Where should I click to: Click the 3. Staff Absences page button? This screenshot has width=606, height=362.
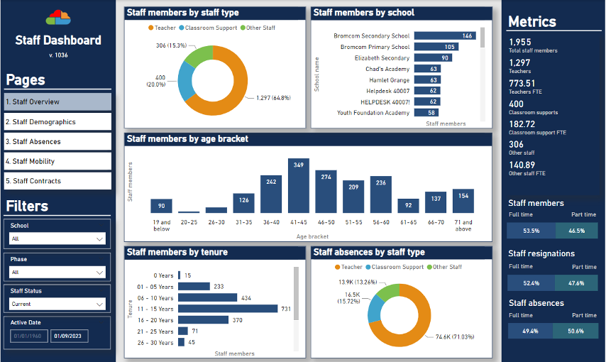[x=57, y=141]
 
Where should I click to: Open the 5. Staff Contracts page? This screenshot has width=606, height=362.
[x=57, y=181]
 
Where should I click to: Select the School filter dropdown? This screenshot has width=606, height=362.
[x=57, y=239]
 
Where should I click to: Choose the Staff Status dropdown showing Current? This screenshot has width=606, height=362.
[x=57, y=304]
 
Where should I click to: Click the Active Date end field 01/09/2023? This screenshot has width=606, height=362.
[x=69, y=336]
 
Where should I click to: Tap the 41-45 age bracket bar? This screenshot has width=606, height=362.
[x=298, y=186]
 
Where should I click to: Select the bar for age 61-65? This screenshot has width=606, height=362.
[x=407, y=206]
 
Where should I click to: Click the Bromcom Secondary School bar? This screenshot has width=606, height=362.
[x=444, y=35]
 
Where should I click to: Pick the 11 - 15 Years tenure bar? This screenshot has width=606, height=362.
[x=227, y=309]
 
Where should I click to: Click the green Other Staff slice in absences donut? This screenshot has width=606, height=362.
[x=389, y=292]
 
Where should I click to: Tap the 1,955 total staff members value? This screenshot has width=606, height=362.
[x=519, y=42]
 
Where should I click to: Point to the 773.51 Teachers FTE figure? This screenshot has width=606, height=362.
[x=522, y=83]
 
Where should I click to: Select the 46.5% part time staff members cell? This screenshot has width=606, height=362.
[x=576, y=231]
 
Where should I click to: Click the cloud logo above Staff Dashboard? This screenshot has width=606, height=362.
[x=58, y=16]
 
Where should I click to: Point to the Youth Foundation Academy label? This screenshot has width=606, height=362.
[x=373, y=113]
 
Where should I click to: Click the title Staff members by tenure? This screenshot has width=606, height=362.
[x=177, y=252]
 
